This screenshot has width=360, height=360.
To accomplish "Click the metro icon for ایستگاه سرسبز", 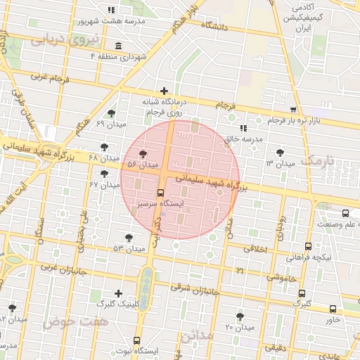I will pyautogui.click(x=160, y=192).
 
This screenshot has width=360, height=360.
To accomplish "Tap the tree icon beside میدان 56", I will pyautogui.click(x=143, y=153).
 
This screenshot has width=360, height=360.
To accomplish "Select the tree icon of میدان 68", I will pyautogui.click(x=105, y=146).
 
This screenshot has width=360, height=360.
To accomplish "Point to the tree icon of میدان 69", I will pyautogui.click(x=110, y=113).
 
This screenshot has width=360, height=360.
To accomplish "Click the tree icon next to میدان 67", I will pyautogui.click(x=105, y=174).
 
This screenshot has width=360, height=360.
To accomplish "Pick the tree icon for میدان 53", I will pyautogui.click(x=129, y=238).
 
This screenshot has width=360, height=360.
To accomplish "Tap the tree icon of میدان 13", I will pyautogui.click(x=280, y=152).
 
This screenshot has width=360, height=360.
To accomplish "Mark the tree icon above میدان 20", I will pyautogui.click(x=240, y=316).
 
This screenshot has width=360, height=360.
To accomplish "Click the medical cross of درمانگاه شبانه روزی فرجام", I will pyautogui.click(x=164, y=91).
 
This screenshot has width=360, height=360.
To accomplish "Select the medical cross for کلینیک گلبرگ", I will pyautogui.click(x=118, y=293).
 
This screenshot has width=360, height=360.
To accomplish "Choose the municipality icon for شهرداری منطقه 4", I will pyautogui.click(x=117, y=46).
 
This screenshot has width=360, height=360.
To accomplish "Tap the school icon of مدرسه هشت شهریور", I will pyautogui.click(x=110, y=10).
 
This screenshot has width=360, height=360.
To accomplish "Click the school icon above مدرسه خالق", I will pyautogui.click(x=243, y=128).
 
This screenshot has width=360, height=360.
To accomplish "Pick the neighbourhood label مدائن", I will pyautogui.click(x=195, y=335).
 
